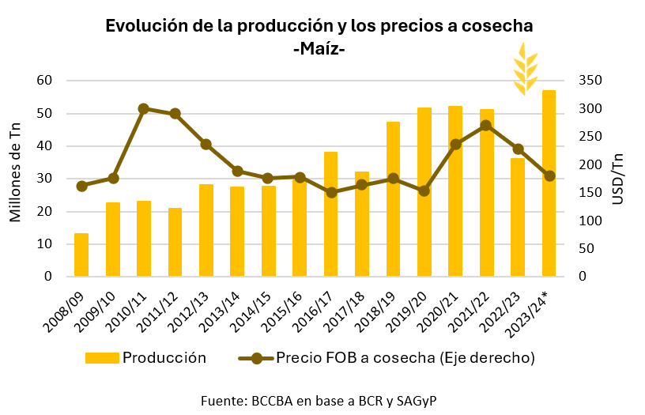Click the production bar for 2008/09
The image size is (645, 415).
coord(81,255)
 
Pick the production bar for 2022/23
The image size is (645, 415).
coord(518,217)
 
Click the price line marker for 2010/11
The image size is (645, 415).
coord(144,108)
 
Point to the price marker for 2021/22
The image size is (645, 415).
coord(486,126)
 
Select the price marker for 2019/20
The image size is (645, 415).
coord(424,191)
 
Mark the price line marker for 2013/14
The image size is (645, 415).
coord(237,171)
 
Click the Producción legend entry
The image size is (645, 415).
coord(146,357)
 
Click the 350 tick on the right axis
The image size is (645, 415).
coord(590,81)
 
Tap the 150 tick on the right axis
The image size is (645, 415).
coord(590,193)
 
